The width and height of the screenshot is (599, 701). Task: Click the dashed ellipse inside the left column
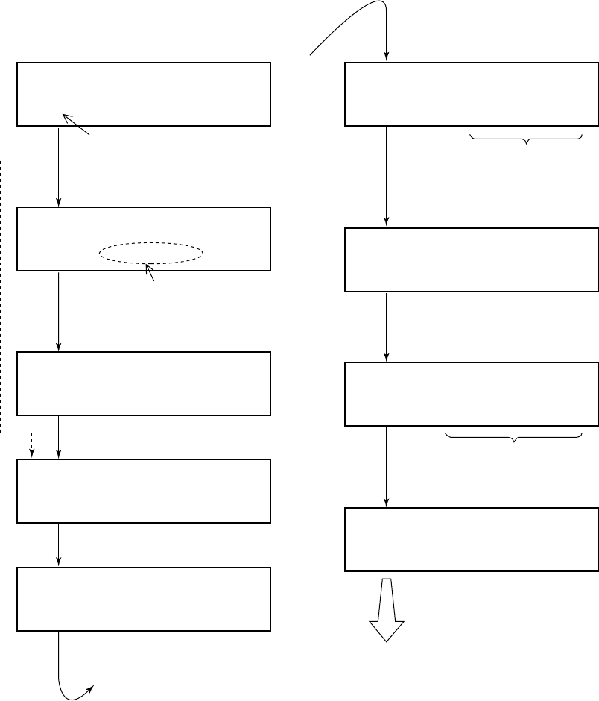coord(151,254)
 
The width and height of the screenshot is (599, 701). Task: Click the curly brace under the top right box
coord(526,139)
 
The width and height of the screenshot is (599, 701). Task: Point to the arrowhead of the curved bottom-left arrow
coord(91,688)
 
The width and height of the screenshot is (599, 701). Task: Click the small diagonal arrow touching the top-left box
coord(75,125)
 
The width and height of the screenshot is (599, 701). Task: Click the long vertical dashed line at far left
coord(1,298)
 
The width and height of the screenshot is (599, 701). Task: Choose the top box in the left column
coord(143,94)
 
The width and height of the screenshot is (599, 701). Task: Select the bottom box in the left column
coord(143,599)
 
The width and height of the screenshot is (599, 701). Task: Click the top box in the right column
coord(472,94)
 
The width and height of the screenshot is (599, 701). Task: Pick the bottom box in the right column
coord(472,540)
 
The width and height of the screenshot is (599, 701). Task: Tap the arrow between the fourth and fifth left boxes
coord(59,544)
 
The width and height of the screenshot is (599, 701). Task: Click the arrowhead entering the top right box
coord(387,55)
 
